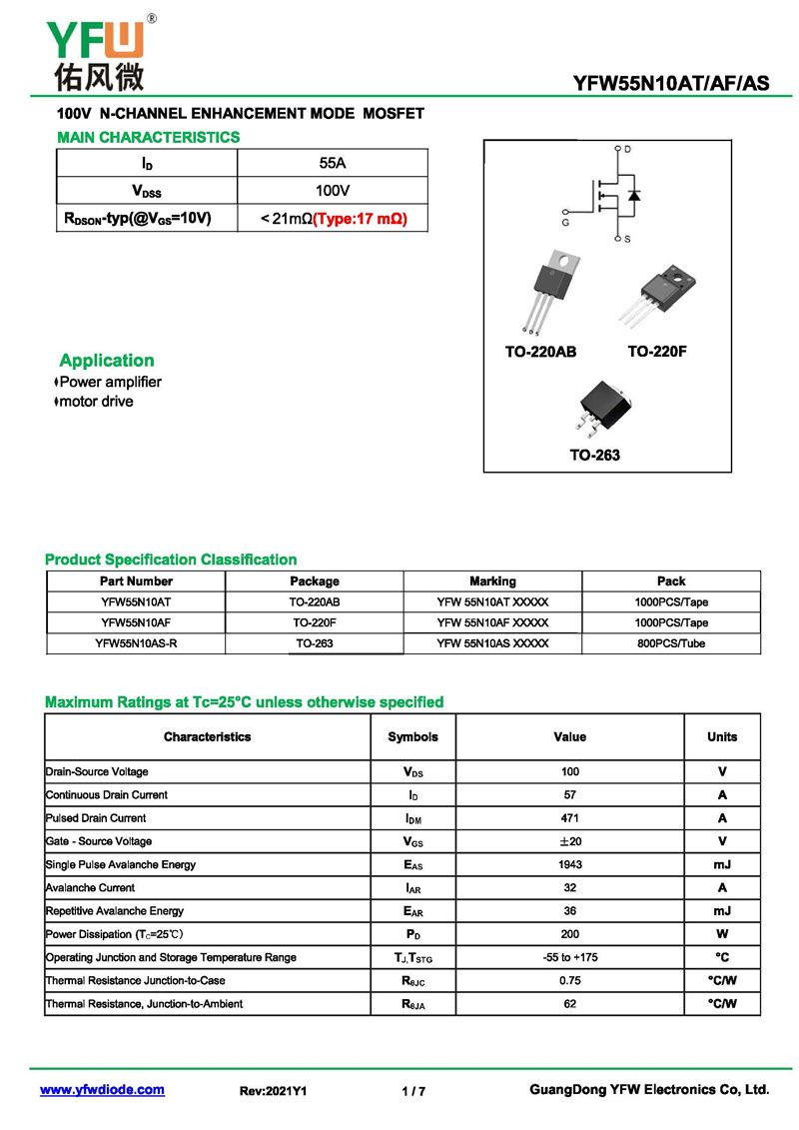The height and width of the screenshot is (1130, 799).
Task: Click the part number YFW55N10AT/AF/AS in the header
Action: click(x=671, y=84)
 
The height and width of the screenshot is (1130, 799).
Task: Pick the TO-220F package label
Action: click(x=657, y=352)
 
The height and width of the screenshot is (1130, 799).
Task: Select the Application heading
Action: click(x=107, y=361)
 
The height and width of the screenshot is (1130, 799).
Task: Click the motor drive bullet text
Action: click(x=96, y=402)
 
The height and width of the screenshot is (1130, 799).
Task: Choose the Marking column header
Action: click(x=492, y=581)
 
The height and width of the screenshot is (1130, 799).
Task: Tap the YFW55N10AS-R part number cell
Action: click(x=136, y=643)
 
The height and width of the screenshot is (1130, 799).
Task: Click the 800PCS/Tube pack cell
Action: click(x=671, y=643)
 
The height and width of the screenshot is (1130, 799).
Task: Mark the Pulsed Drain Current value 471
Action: click(x=569, y=818)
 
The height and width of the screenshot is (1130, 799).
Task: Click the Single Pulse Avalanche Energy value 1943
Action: click(x=569, y=864)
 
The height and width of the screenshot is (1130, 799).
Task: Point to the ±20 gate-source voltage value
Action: click(x=569, y=841)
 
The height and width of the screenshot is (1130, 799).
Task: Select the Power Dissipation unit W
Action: click(x=721, y=934)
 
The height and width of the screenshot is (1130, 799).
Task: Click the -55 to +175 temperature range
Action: click(x=569, y=957)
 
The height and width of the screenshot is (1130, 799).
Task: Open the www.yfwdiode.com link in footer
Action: click(x=102, y=1090)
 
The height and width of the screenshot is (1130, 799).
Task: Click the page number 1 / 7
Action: click(x=413, y=1091)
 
